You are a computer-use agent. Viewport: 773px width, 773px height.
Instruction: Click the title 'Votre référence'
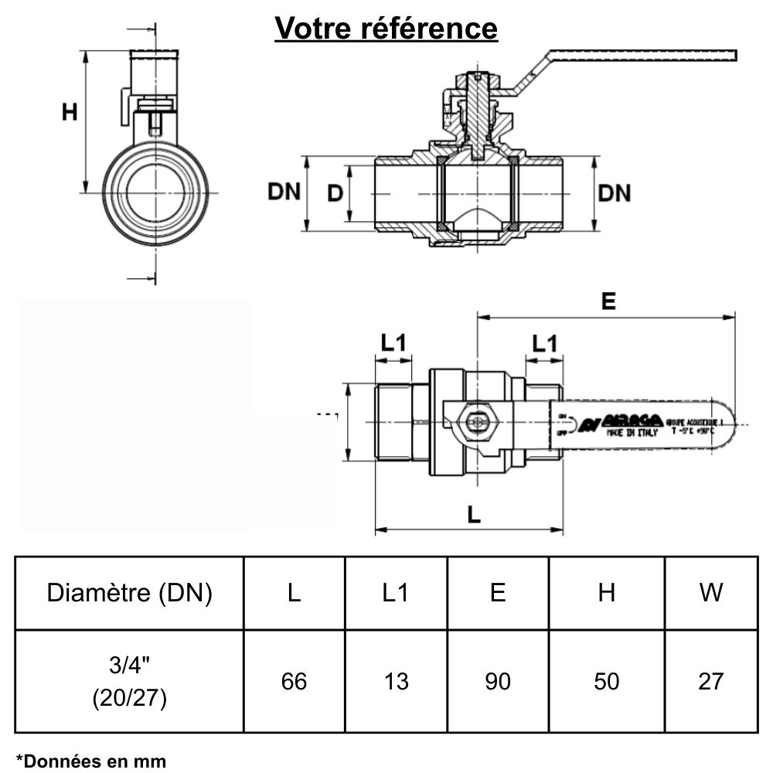pyautogui.click(x=386, y=29)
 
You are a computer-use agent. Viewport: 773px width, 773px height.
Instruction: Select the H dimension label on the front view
pyautogui.click(x=70, y=113)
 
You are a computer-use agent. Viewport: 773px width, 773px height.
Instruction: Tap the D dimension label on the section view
pyautogui.click(x=334, y=193)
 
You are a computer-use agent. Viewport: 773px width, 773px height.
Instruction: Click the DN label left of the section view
pyautogui.click(x=284, y=192)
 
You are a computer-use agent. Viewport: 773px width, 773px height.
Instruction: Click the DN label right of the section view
pyautogui.click(x=615, y=193)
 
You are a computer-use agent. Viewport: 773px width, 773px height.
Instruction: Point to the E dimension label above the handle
pyautogui.click(x=608, y=301)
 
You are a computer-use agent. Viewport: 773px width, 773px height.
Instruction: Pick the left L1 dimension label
pyautogui.click(x=393, y=342)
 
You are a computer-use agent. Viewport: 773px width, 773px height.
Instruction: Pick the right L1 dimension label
pyautogui.click(x=544, y=342)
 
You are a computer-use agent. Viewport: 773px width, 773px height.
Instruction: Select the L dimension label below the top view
pyautogui.click(x=474, y=514)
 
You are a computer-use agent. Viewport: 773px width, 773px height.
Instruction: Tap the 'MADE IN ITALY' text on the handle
pyautogui.click(x=632, y=434)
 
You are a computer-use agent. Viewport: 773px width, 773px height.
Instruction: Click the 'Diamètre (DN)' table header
pyautogui.click(x=129, y=593)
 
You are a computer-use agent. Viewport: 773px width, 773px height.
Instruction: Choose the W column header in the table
pyautogui.click(x=710, y=593)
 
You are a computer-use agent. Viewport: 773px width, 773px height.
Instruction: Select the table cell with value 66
pyautogui.click(x=294, y=681)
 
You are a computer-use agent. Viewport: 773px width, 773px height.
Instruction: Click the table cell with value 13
pyautogui.click(x=396, y=681)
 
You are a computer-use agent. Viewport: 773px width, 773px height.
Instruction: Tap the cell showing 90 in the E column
pyautogui.click(x=498, y=681)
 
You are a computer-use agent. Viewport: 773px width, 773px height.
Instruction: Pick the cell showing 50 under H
pyautogui.click(x=607, y=681)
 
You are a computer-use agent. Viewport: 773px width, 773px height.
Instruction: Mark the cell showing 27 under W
pyautogui.click(x=710, y=681)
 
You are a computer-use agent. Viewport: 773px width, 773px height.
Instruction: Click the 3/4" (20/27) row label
pyautogui.click(x=129, y=681)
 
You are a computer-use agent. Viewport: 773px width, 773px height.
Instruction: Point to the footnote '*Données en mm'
pyautogui.click(x=91, y=761)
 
